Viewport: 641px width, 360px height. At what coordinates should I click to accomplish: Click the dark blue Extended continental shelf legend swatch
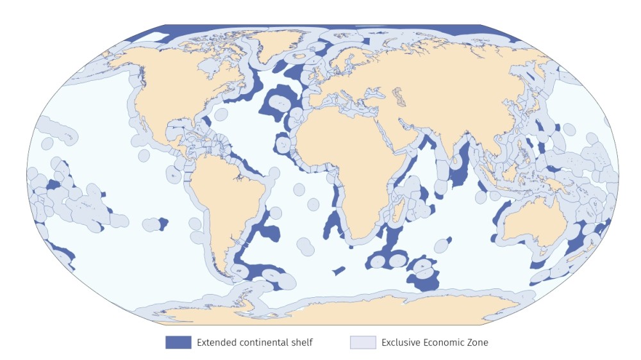click(x=178, y=342)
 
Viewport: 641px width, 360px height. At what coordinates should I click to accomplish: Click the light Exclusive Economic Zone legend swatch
click(x=362, y=342)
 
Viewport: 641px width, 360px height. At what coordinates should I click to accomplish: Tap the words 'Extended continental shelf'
click(x=254, y=342)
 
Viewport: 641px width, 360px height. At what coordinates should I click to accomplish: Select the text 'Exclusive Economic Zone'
click(x=435, y=342)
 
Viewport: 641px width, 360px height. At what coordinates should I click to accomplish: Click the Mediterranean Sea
click(x=346, y=102)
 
